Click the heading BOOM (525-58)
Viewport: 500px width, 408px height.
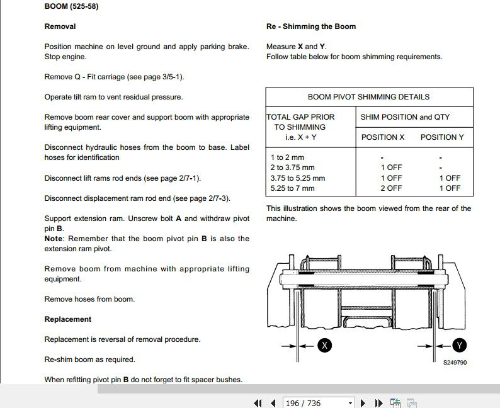pyautogui.click(x=71, y=7)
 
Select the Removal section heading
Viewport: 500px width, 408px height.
pyautogui.click(x=60, y=26)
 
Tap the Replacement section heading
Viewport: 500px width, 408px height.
pyautogui.click(x=67, y=319)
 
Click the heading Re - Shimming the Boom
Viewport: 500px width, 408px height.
pyautogui.click(x=311, y=26)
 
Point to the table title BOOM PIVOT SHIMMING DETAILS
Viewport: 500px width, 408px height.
pyautogui.click(x=368, y=97)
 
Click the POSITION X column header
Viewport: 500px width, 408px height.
pyautogui.click(x=383, y=137)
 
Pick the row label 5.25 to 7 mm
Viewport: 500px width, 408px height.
pyautogui.click(x=292, y=188)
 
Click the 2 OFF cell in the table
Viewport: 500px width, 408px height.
pyautogui.click(x=391, y=188)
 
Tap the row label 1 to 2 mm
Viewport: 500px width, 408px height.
pyautogui.click(x=287, y=157)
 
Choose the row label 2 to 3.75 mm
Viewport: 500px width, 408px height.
pyautogui.click(x=292, y=168)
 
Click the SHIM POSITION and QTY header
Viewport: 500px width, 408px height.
pyautogui.click(x=405, y=117)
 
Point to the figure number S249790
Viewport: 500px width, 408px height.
pyautogui.click(x=455, y=362)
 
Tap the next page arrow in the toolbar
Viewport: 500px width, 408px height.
pyautogui.click(x=363, y=403)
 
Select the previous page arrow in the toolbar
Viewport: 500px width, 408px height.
pyautogui.click(x=273, y=403)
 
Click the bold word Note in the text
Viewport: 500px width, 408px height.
pyautogui.click(x=54, y=239)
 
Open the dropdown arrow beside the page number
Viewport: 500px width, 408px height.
pyautogui.click(x=350, y=403)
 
